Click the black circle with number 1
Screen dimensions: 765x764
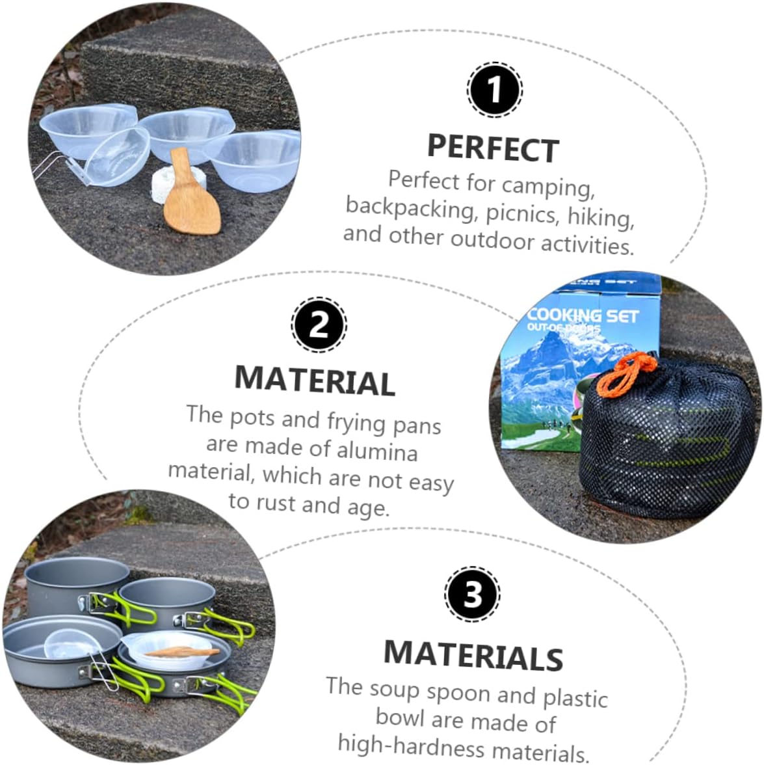pos(494,90)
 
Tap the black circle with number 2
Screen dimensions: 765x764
pos(319,325)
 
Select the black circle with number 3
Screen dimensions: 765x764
pos(473,595)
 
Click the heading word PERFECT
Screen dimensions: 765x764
pos(493,149)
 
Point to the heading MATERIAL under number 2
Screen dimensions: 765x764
pos(315,380)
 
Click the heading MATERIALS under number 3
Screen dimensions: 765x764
pos(473,655)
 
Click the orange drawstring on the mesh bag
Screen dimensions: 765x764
pos(625,373)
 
